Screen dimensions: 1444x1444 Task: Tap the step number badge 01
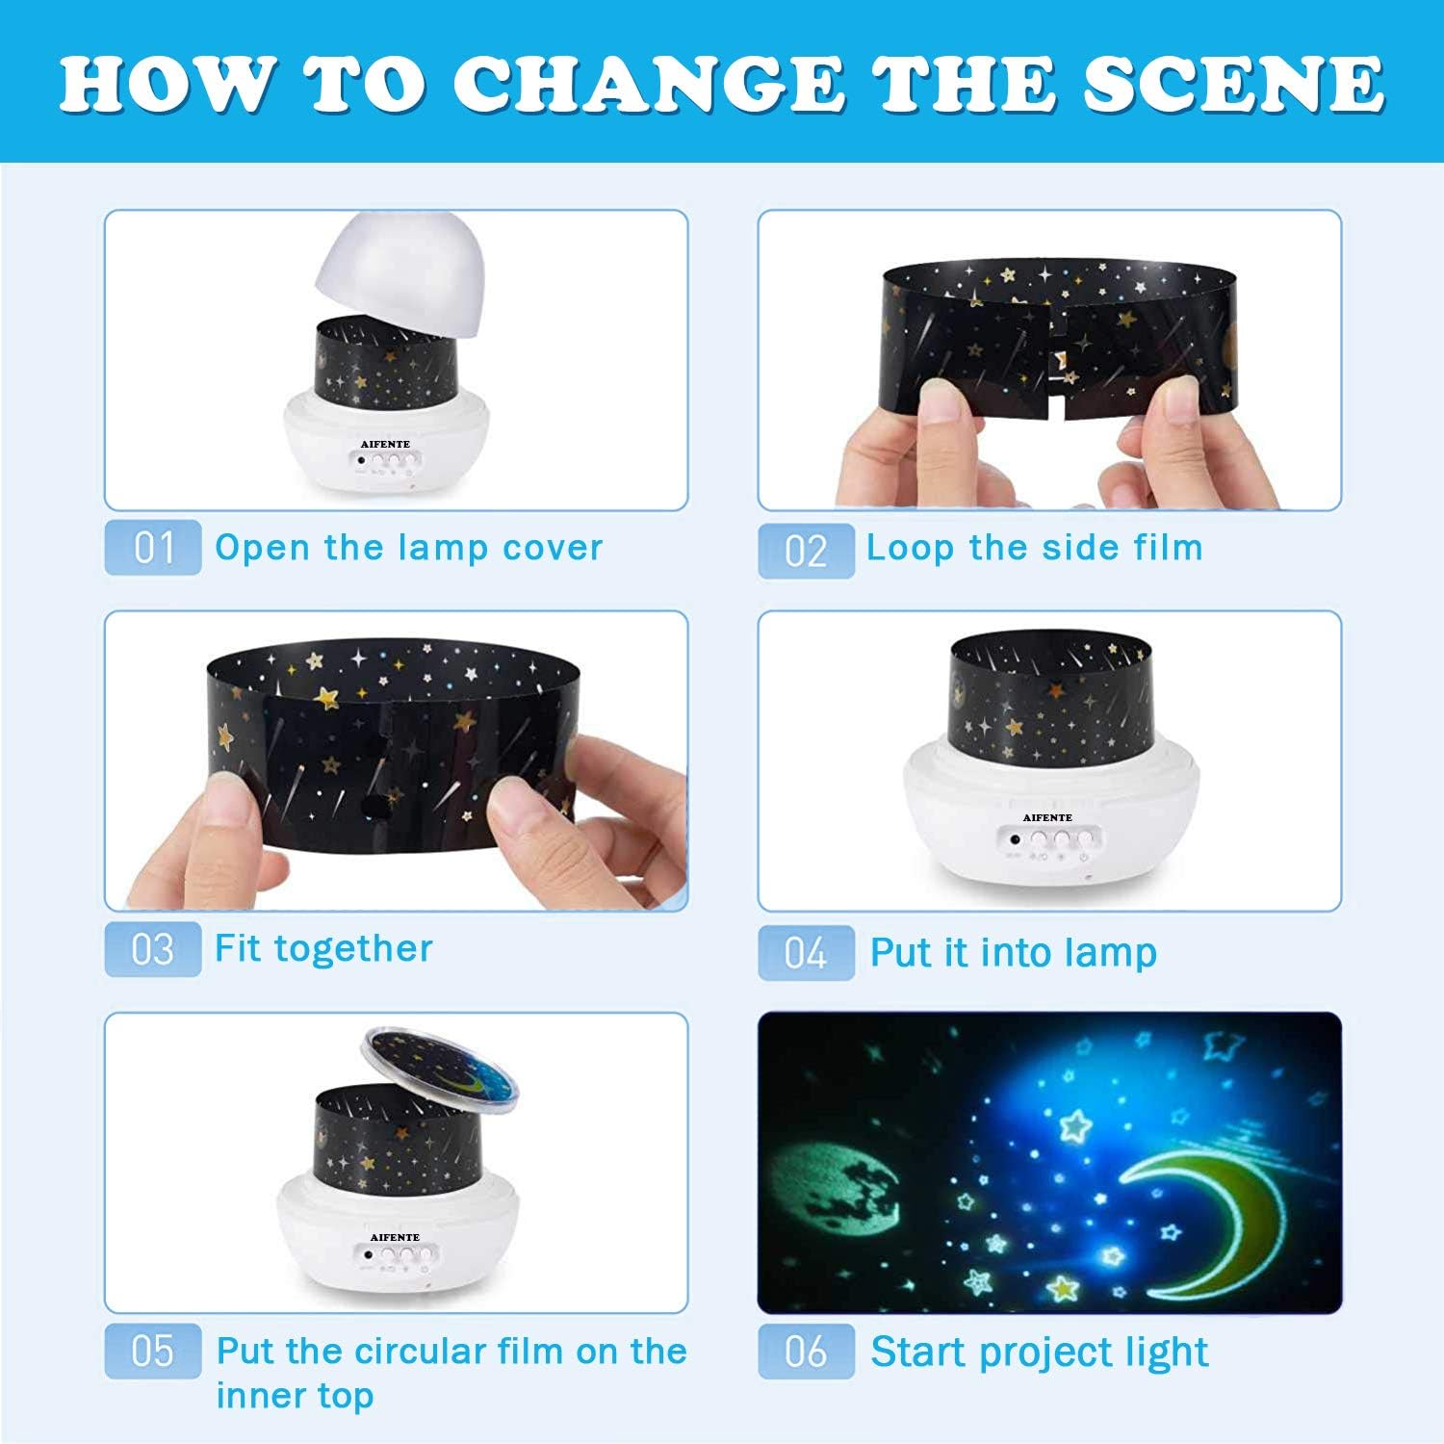(x=153, y=548)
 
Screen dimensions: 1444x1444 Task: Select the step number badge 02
(x=806, y=552)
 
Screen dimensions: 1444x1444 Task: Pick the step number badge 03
(x=153, y=949)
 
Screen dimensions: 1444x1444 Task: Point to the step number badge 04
(x=806, y=953)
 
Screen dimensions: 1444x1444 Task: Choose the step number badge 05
(x=153, y=1351)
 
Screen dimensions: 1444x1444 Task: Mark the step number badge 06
(x=806, y=1351)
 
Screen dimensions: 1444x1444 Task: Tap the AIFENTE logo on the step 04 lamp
(x=1047, y=817)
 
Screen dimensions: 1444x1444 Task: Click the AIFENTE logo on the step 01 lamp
(x=385, y=444)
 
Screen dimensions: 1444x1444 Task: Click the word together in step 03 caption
(x=353, y=949)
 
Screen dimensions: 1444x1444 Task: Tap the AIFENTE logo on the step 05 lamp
(x=395, y=1237)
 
